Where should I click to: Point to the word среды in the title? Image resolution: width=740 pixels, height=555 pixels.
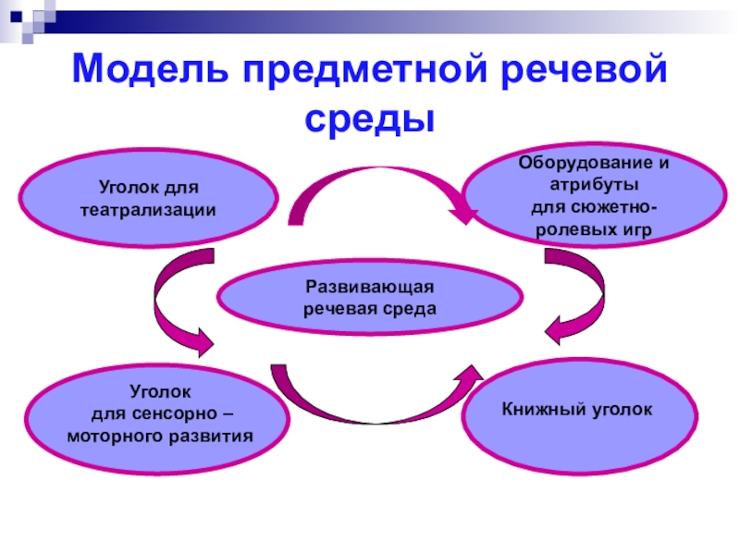point(370,118)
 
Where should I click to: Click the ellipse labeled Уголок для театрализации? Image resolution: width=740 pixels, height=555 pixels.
point(148,199)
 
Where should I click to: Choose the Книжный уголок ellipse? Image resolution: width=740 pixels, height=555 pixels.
point(577,407)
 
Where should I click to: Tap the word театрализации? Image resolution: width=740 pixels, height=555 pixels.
point(148,210)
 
